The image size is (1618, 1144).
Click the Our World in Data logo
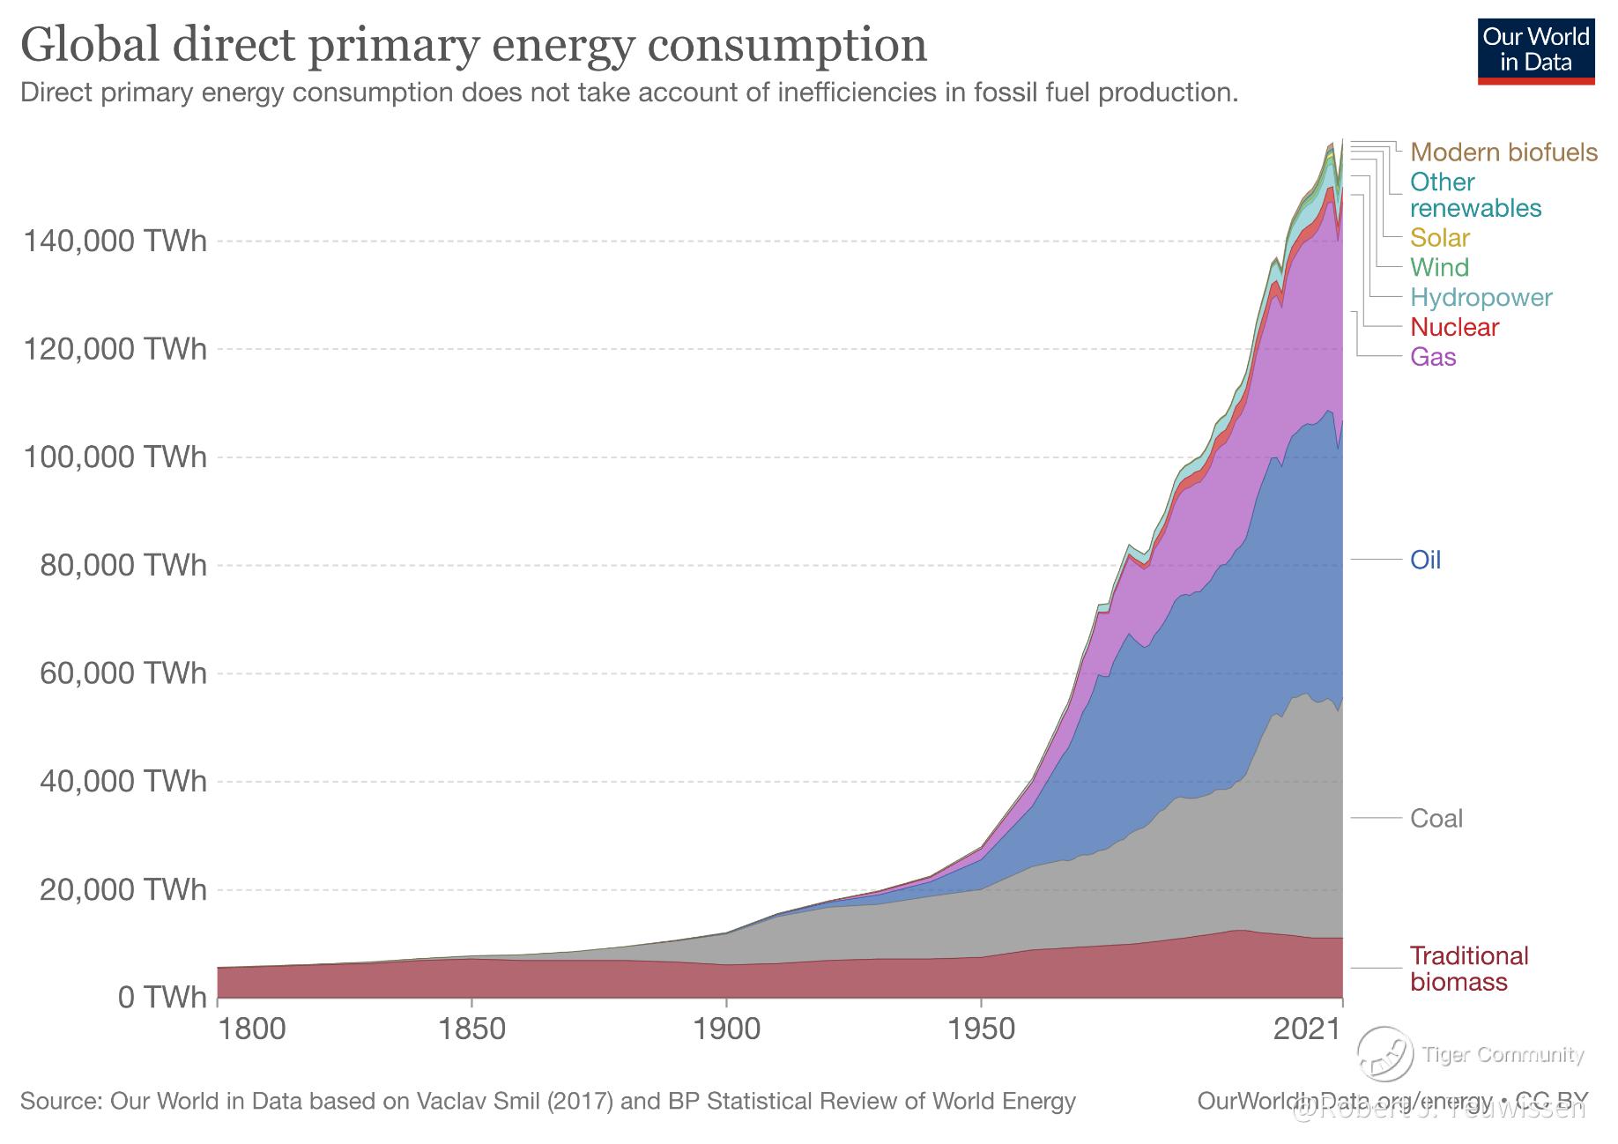click(1535, 49)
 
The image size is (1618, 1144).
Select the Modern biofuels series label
click(1503, 152)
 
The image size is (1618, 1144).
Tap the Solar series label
click(1440, 238)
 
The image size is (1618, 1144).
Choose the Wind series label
click(1439, 268)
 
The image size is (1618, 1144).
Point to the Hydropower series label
click(1481, 298)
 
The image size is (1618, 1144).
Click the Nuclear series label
click(1454, 328)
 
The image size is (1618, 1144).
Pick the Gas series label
click(1433, 357)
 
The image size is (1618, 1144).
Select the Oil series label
click(1425, 561)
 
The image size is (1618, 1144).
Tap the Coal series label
click(1436, 819)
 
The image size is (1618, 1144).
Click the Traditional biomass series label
click(1468, 969)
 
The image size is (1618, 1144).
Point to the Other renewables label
click(1475, 196)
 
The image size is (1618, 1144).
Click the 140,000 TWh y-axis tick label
click(115, 241)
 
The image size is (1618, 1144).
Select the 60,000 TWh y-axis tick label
click(122, 673)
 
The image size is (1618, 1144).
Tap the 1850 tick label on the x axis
click(472, 1029)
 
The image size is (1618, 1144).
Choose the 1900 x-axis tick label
click(726, 1029)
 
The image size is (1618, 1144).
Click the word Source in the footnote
click(60, 1102)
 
